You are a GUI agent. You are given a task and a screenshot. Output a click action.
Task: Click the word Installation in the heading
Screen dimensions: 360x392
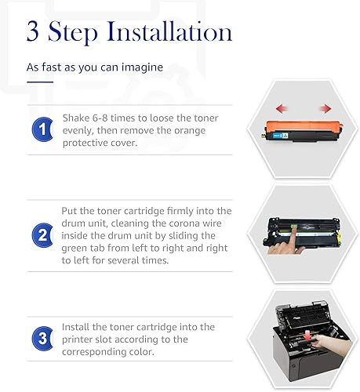[169, 31]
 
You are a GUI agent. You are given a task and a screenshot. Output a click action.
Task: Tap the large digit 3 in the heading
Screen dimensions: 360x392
[33, 31]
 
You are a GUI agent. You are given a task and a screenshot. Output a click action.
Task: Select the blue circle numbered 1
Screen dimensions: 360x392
[42, 129]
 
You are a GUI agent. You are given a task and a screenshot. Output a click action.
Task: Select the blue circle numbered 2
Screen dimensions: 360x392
[42, 235]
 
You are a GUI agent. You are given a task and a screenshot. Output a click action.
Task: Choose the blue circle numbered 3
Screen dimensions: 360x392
[42, 339]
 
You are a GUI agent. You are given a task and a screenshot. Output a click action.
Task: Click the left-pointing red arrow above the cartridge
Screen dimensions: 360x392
[282, 108]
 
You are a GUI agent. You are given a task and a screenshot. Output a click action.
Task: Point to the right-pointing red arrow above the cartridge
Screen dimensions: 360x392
[325, 108]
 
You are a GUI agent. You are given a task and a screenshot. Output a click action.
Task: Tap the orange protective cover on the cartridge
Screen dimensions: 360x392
[304, 126]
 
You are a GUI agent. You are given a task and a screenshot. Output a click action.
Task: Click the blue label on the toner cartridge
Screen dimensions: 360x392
[280, 136]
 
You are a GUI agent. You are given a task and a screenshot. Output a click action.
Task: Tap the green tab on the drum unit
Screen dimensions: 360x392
[294, 228]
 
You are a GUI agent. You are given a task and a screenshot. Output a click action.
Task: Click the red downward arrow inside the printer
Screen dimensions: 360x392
[308, 336]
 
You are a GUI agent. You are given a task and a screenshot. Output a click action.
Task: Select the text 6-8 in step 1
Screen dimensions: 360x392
[100, 118]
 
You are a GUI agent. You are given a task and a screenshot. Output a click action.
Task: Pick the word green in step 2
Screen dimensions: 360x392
[75, 249]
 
